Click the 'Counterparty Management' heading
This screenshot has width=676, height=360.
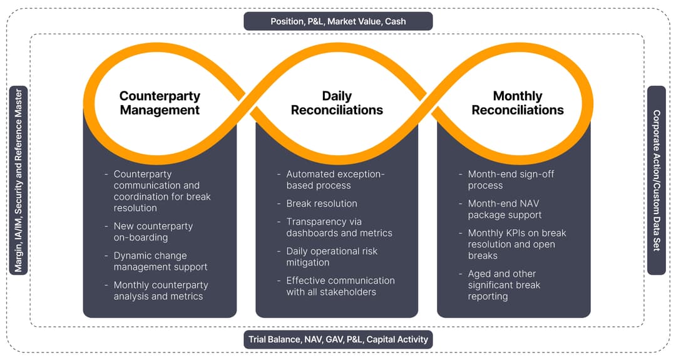160,103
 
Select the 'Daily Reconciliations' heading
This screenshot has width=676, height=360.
337,103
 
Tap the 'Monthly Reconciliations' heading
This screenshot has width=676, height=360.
518,103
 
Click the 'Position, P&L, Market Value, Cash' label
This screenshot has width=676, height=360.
338,21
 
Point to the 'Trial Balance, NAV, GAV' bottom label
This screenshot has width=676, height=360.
338,339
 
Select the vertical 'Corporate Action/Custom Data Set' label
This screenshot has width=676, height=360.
656,180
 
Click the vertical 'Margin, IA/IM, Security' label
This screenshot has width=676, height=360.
19,180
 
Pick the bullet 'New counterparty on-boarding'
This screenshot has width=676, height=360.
153,232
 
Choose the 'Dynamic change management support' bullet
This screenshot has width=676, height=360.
160,261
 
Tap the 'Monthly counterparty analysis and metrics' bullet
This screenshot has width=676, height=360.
160,291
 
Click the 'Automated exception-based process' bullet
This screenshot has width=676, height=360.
335,180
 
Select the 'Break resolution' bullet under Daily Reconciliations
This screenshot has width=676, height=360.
322,203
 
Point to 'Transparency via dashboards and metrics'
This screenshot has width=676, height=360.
339,227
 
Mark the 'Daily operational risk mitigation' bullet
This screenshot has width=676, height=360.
332,257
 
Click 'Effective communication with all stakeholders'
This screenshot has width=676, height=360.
340,286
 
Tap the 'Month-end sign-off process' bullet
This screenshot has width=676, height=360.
511,180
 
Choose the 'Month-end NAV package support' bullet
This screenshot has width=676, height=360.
504,209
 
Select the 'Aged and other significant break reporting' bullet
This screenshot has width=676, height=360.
504,285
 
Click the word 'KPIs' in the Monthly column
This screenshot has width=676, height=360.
517,233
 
